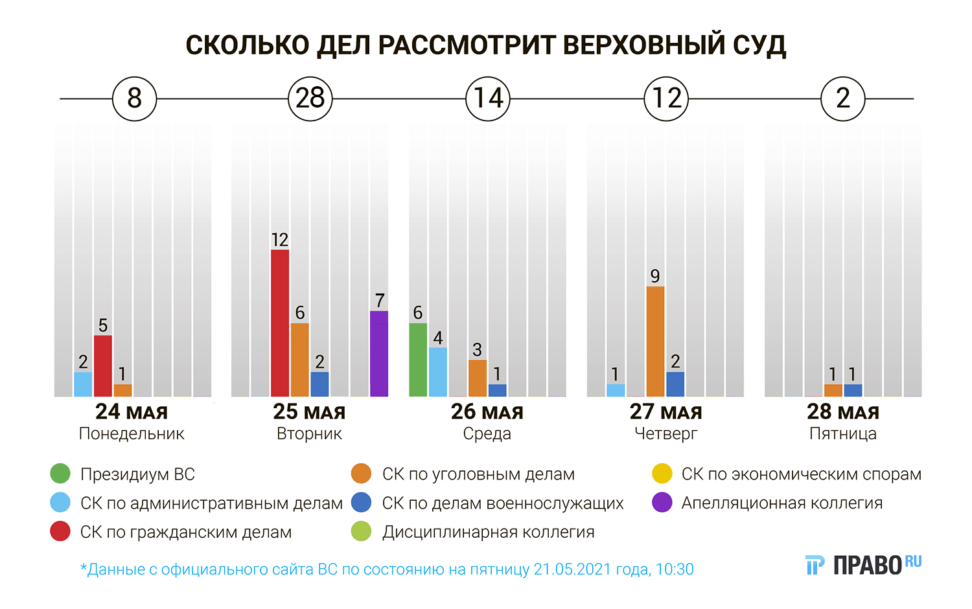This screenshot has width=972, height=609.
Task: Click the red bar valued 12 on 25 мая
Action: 280,323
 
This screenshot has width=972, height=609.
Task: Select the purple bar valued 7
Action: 379,353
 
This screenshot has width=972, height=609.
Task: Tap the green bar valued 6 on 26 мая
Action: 418,360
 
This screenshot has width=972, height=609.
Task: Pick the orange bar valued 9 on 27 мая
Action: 655,341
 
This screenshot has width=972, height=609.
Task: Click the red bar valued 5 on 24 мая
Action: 103,365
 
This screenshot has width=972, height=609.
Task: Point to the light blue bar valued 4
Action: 438,372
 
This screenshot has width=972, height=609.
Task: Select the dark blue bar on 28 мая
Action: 853,390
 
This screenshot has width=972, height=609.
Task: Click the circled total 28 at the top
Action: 310,98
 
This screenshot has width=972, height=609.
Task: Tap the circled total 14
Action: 488,98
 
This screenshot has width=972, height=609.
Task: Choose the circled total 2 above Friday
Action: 842,98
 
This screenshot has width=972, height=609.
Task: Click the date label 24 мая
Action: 132,411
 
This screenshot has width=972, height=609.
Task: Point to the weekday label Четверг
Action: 665,433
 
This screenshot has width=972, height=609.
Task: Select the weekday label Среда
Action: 487,433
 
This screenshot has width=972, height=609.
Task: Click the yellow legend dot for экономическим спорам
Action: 662,474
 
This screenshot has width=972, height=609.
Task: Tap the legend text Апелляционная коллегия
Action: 781,503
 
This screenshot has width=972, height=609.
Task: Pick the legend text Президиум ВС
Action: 137,474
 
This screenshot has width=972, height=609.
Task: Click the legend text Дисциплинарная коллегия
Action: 488,532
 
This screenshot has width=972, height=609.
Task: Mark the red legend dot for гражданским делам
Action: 60,531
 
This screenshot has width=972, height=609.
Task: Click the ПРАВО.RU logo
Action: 863,565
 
